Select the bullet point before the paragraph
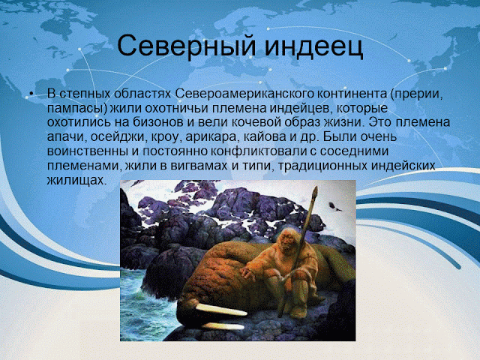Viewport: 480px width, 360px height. coord(31,93)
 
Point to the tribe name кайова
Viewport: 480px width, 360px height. coord(265,136)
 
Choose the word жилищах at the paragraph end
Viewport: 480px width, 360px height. coord(76,181)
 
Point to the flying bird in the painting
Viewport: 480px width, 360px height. coord(334,207)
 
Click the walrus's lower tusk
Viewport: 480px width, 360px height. coord(223,326)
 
